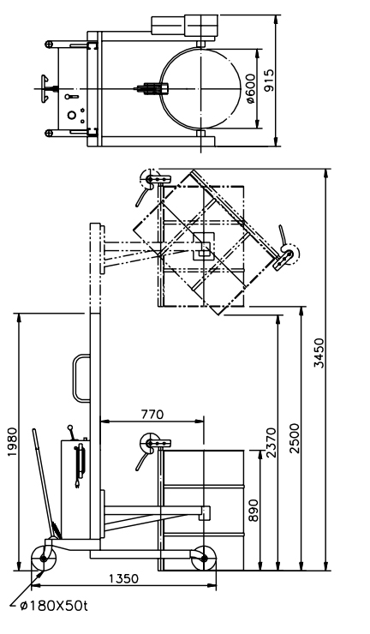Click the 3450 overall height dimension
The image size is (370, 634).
click(319, 353)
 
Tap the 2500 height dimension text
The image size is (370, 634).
click(295, 438)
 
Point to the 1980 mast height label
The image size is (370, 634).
click(12, 441)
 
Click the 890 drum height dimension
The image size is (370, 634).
click(253, 510)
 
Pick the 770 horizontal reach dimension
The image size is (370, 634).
click(152, 415)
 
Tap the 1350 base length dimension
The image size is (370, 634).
click(123, 578)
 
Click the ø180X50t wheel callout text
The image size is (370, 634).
click(54, 605)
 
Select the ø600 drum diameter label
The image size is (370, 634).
click(251, 88)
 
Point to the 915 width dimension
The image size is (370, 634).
click(268, 81)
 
